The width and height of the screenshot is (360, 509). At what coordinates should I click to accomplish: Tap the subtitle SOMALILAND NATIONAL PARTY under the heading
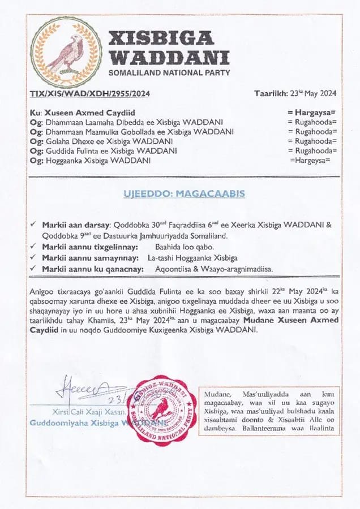click(x=169, y=73)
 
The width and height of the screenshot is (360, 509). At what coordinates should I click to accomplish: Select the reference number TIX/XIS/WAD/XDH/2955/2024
click(x=89, y=94)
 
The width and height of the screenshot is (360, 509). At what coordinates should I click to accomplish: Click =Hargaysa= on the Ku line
click(x=311, y=113)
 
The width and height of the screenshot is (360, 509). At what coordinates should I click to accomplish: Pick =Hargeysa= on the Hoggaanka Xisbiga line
click(x=310, y=161)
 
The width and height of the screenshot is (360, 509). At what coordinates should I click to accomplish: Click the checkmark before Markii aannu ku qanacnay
click(x=35, y=269)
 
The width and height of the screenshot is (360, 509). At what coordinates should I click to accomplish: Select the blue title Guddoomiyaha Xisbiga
click(x=79, y=422)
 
